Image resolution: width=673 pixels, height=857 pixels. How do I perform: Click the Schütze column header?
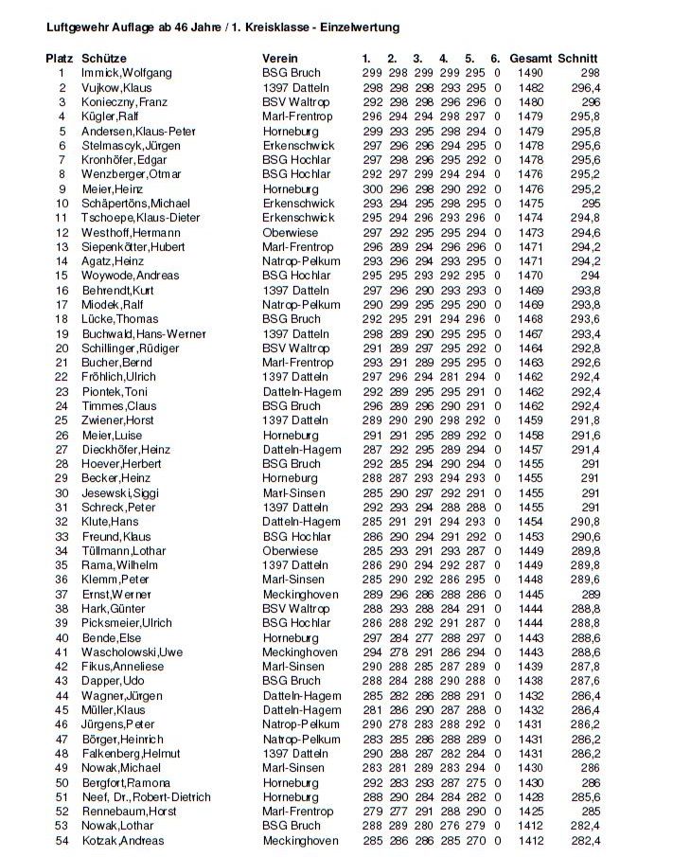pos(104,59)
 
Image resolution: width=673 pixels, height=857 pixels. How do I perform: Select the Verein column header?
pos(280,59)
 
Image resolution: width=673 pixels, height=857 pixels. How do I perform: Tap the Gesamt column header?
pos(530,59)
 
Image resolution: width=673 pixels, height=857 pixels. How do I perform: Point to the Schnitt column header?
pos(577,59)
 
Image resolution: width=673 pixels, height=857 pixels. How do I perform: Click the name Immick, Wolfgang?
pos(127,73)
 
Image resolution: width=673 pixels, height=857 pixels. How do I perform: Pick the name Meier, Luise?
pos(112,436)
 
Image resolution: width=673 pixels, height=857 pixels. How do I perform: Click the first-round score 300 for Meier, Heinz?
pos(373,189)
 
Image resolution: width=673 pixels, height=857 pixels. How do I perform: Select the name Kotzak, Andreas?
pos(122,841)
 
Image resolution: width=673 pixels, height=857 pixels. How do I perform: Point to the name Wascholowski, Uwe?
pos(132,652)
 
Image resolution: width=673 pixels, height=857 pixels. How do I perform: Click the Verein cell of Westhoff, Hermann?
pos(291,232)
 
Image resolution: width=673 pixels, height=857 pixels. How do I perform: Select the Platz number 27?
pos(62,450)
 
